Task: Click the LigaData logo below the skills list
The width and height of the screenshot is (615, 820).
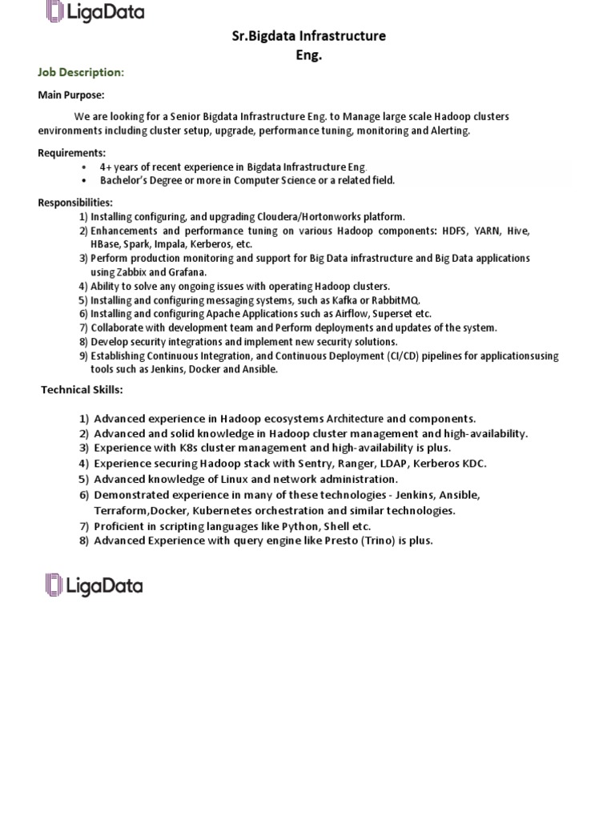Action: (x=94, y=585)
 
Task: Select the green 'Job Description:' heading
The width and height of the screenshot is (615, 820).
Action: (x=81, y=73)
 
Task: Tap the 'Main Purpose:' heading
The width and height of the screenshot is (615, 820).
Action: (x=71, y=95)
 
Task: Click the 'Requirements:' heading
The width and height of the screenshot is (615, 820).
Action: (x=72, y=153)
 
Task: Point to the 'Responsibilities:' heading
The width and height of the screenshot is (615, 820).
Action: (x=75, y=203)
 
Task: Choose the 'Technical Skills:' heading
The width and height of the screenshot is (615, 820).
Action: (x=82, y=390)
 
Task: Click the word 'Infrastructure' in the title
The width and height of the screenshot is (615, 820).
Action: (x=343, y=35)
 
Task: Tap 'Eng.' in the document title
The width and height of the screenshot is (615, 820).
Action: (x=308, y=54)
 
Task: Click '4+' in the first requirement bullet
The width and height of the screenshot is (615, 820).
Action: (x=107, y=167)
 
